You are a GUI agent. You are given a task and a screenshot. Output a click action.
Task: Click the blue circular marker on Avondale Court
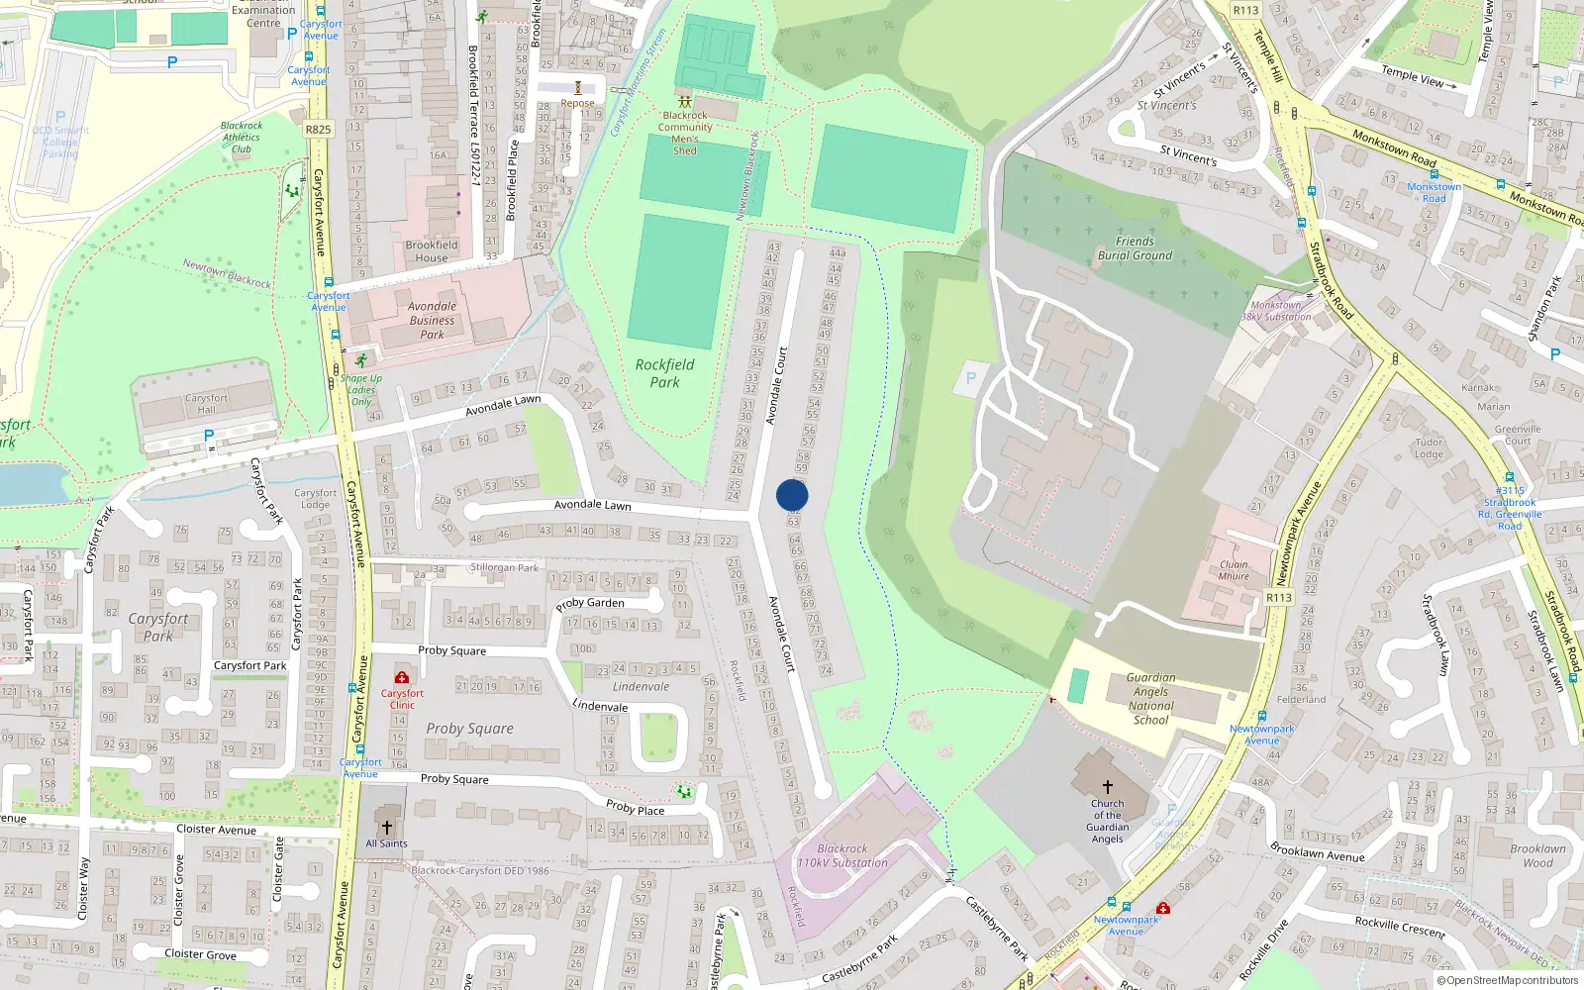pos(792,495)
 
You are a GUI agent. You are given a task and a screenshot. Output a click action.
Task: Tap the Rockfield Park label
pos(664,372)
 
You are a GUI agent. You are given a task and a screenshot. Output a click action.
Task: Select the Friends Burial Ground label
pos(1135,248)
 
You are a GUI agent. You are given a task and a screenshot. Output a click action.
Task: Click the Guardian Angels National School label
pos(1150,699)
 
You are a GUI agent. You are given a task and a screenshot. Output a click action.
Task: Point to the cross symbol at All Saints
pos(387,827)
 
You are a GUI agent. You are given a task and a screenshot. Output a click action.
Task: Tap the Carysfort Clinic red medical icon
pos(402,677)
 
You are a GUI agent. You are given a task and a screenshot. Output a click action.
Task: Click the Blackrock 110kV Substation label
pos(842,855)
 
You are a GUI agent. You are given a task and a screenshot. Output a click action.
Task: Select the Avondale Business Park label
pos(433,320)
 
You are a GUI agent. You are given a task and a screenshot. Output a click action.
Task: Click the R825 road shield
pos(318,130)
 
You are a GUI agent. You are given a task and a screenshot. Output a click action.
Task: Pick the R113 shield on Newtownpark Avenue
pos(1279,597)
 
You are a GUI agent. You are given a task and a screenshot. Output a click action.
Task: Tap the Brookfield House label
pos(432,251)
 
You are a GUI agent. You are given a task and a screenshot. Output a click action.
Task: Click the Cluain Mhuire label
pos(1234,570)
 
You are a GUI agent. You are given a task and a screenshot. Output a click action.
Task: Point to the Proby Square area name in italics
pos(469,729)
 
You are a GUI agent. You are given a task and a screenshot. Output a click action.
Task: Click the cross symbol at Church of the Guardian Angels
pos(1107,786)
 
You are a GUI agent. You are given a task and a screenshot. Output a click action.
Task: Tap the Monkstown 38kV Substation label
pos(1276,311)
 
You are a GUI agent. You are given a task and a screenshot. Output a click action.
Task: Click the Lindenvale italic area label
pos(641,686)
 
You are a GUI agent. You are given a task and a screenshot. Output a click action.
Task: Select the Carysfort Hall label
pos(206,403)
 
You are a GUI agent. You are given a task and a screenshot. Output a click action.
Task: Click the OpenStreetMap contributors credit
pos(1507,980)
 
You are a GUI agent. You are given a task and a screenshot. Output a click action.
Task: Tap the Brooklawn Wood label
pos(1537,855)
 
